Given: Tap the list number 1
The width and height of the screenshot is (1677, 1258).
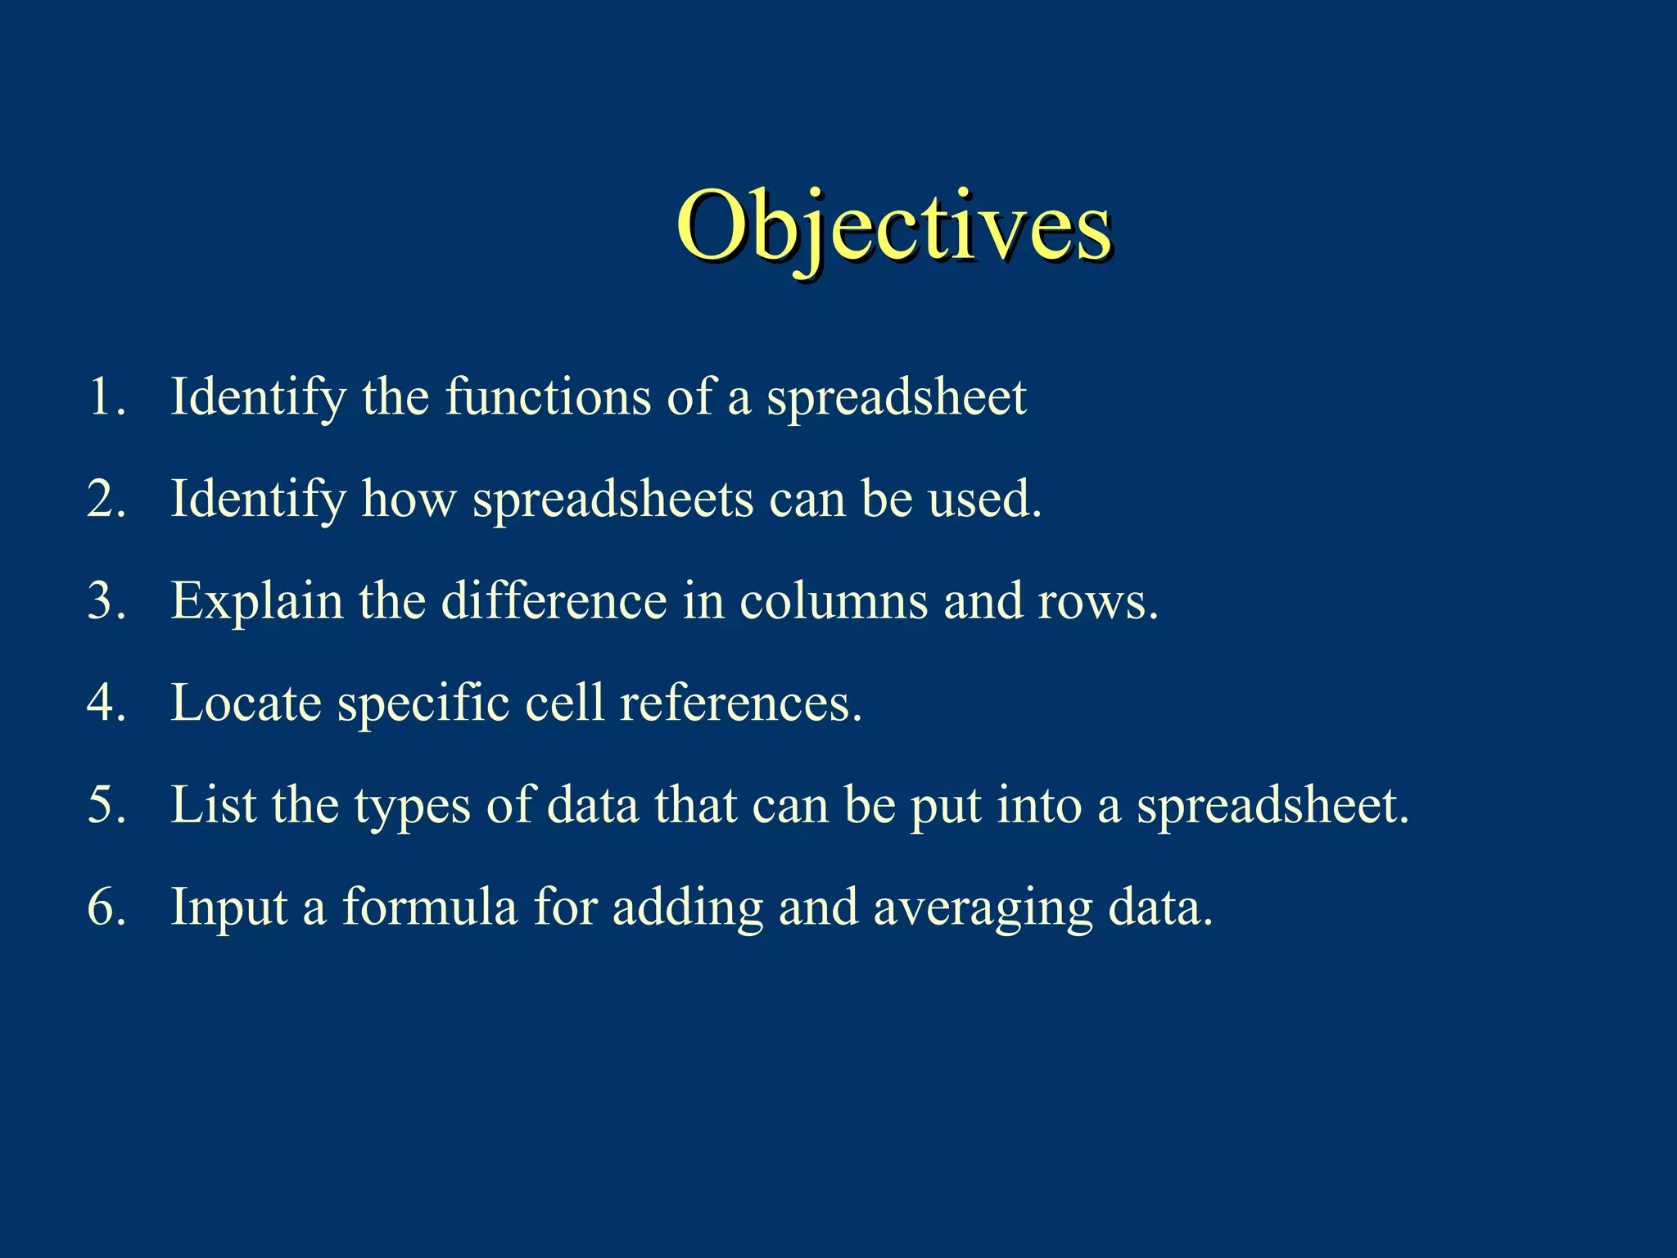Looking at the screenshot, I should click(x=106, y=397).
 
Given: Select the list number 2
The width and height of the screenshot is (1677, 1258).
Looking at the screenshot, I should click(x=106, y=499).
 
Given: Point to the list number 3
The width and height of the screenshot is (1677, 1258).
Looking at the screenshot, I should click(x=106, y=601).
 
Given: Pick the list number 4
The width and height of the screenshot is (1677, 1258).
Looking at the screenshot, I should click(x=106, y=703).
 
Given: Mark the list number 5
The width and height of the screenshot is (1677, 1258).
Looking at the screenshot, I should click(x=106, y=805).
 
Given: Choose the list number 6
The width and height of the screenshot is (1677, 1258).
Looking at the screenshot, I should click(x=106, y=907).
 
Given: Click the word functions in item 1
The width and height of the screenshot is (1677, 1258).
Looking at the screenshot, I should click(x=548, y=397).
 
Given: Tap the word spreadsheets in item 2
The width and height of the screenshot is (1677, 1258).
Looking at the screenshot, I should click(x=613, y=500).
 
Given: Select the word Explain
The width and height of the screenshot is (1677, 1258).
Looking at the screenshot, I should click(x=256, y=602).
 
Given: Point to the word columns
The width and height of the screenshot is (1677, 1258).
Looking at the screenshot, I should click(x=833, y=602).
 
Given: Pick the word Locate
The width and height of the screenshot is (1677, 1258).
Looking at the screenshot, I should click(x=246, y=704).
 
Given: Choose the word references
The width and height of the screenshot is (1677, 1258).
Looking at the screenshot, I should click(x=740, y=704).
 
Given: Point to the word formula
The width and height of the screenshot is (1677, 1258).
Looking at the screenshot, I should click(x=430, y=907).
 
